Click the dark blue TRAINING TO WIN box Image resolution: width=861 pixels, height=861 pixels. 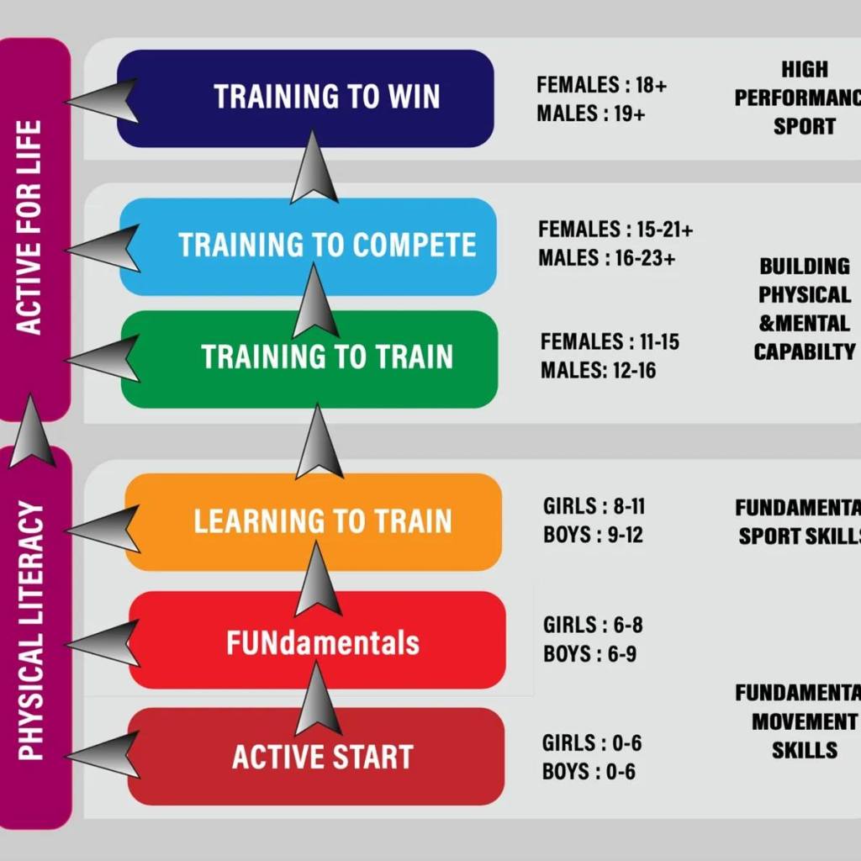[304, 98]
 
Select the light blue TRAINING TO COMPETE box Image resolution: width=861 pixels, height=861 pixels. [308, 246]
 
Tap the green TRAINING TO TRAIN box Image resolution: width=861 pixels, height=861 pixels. [309, 358]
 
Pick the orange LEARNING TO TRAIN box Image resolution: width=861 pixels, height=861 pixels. [313, 521]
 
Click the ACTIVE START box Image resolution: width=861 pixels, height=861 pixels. [316, 757]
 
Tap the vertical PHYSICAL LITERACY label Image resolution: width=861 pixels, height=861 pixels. [32, 631]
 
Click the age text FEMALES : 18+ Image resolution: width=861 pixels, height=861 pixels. [602, 84]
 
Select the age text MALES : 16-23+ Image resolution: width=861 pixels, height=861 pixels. [607, 258]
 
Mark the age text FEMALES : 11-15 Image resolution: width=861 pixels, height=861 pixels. [610, 341]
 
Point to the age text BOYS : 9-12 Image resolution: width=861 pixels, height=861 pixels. [594, 535]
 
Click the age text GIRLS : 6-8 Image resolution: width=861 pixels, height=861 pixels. [593, 625]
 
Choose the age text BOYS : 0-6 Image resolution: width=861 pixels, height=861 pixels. [589, 771]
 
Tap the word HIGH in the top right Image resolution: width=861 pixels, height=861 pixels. [805, 69]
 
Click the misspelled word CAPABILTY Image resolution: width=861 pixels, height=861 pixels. [805, 352]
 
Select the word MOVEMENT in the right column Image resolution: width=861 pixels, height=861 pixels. [805, 721]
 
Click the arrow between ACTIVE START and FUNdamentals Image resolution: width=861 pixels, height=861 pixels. [318, 698]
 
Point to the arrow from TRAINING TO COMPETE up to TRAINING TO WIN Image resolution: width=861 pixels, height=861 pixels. [314, 168]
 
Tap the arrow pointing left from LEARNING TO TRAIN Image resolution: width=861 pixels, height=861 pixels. [103, 529]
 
